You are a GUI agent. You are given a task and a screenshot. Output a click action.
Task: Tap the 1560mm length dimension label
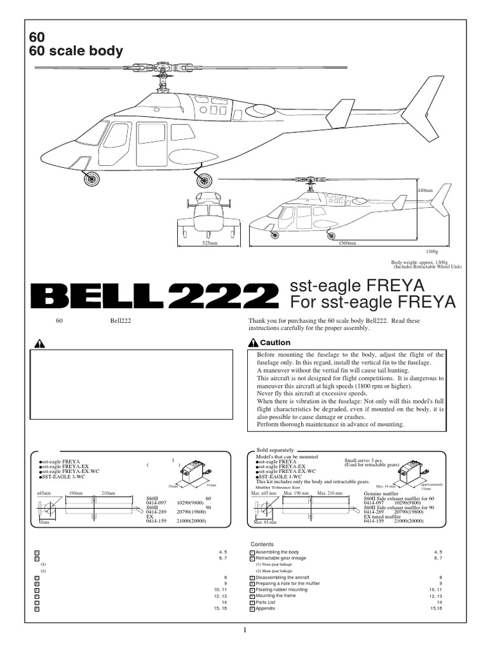pyautogui.click(x=346, y=243)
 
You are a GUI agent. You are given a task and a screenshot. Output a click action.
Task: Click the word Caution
pyautogui.click(x=275, y=343)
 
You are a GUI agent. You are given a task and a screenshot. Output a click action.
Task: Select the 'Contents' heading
pyautogui.click(x=262, y=545)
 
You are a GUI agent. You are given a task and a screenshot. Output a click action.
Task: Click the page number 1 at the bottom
pyautogui.click(x=244, y=630)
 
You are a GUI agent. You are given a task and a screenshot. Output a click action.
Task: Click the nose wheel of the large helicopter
pyautogui.click(x=91, y=179)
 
